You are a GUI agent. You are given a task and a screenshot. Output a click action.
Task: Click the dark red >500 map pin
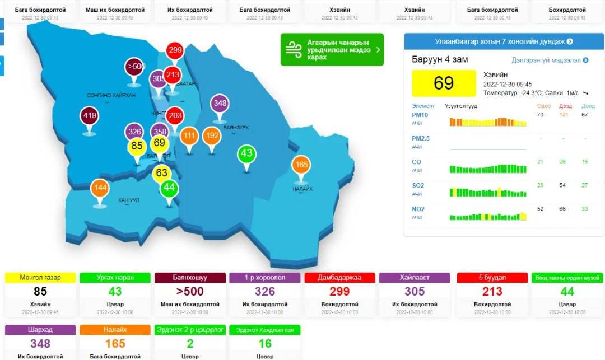coord(134,67)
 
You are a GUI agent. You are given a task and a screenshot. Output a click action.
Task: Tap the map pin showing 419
coord(90,116)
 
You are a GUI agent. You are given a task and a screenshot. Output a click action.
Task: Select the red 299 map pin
coord(175,50)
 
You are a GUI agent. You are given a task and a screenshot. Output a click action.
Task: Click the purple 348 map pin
coord(220,104)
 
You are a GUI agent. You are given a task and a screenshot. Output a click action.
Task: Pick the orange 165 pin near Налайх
coord(301,165)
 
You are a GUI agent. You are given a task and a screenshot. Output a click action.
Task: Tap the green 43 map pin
coord(246,153)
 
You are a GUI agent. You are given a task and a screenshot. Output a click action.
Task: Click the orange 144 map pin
coord(100,188)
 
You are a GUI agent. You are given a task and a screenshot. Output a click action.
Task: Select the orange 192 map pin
coord(212,135)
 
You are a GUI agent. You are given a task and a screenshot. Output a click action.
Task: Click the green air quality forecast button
coord(332,50)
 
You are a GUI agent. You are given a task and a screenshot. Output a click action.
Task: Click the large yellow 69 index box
coord(444,83)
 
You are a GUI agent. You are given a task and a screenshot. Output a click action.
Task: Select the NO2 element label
coord(418,209)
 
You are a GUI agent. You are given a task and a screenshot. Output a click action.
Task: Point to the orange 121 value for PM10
coord(565,115)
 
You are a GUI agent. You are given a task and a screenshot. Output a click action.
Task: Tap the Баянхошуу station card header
coord(190,278)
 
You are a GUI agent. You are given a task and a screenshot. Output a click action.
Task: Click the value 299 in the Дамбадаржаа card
coord(339,291)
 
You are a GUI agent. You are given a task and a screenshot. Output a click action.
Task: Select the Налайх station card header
coord(115,330)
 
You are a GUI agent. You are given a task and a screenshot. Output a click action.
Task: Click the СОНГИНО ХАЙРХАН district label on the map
coord(111,96)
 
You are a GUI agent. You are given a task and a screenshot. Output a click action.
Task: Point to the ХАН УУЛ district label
coord(128,200)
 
